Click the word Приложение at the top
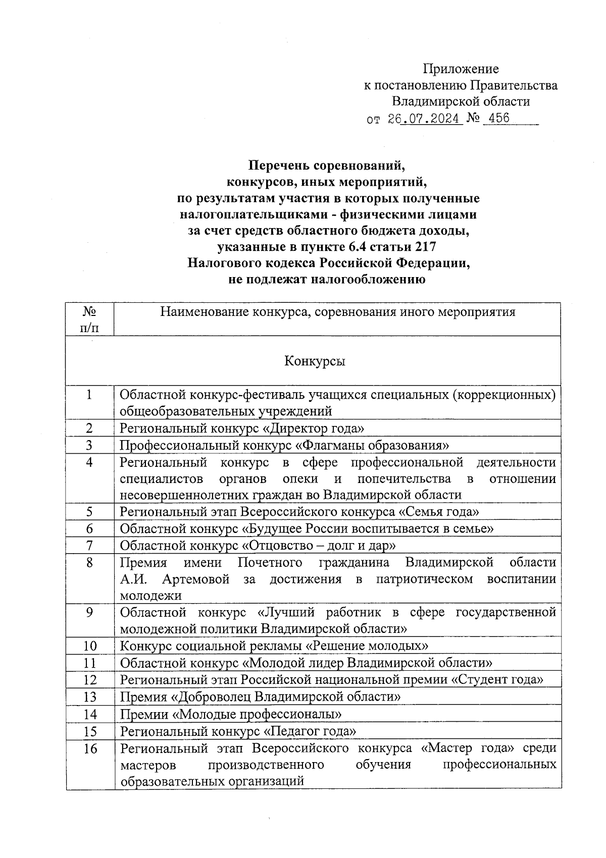click(461, 69)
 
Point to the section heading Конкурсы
click(315, 361)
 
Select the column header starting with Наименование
click(337, 312)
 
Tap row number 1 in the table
click(89, 395)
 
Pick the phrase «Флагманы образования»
click(372, 445)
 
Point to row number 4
click(89, 462)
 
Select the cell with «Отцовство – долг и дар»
click(258, 546)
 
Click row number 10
click(90, 646)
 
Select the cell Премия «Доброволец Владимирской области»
click(260, 697)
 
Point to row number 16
click(90, 748)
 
